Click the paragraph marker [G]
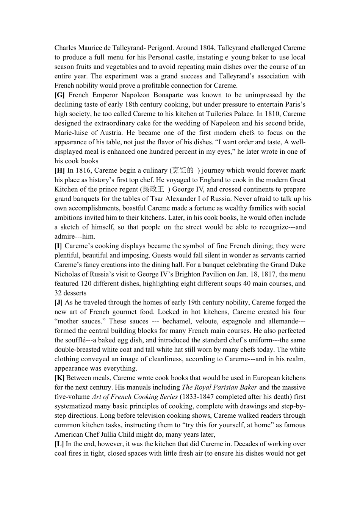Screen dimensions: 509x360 coord(59,95)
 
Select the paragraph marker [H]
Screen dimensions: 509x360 coord(59,170)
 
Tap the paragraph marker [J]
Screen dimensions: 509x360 coord(59,302)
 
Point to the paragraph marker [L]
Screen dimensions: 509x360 coord(59,444)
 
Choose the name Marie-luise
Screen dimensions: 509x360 coord(70,133)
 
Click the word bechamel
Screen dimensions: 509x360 coord(177,321)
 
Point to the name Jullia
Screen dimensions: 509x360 coord(119,434)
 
